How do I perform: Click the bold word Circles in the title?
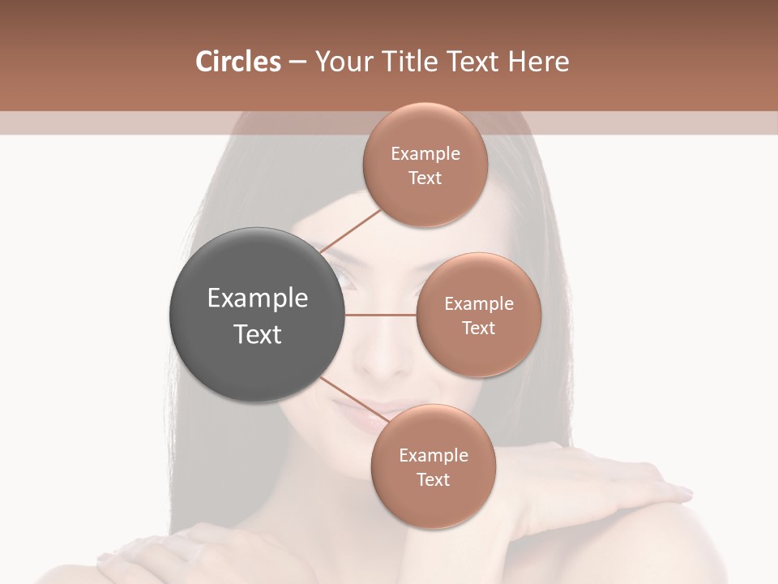237,62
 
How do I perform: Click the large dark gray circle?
257,315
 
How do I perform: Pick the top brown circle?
425,165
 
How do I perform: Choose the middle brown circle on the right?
478,315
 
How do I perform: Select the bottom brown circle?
433,466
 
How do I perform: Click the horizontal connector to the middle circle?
380,315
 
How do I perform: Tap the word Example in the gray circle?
257,298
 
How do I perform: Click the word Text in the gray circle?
257,334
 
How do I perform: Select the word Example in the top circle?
425,154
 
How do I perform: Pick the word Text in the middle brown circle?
478,328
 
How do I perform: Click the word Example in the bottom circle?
433,455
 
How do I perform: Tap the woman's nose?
381,361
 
